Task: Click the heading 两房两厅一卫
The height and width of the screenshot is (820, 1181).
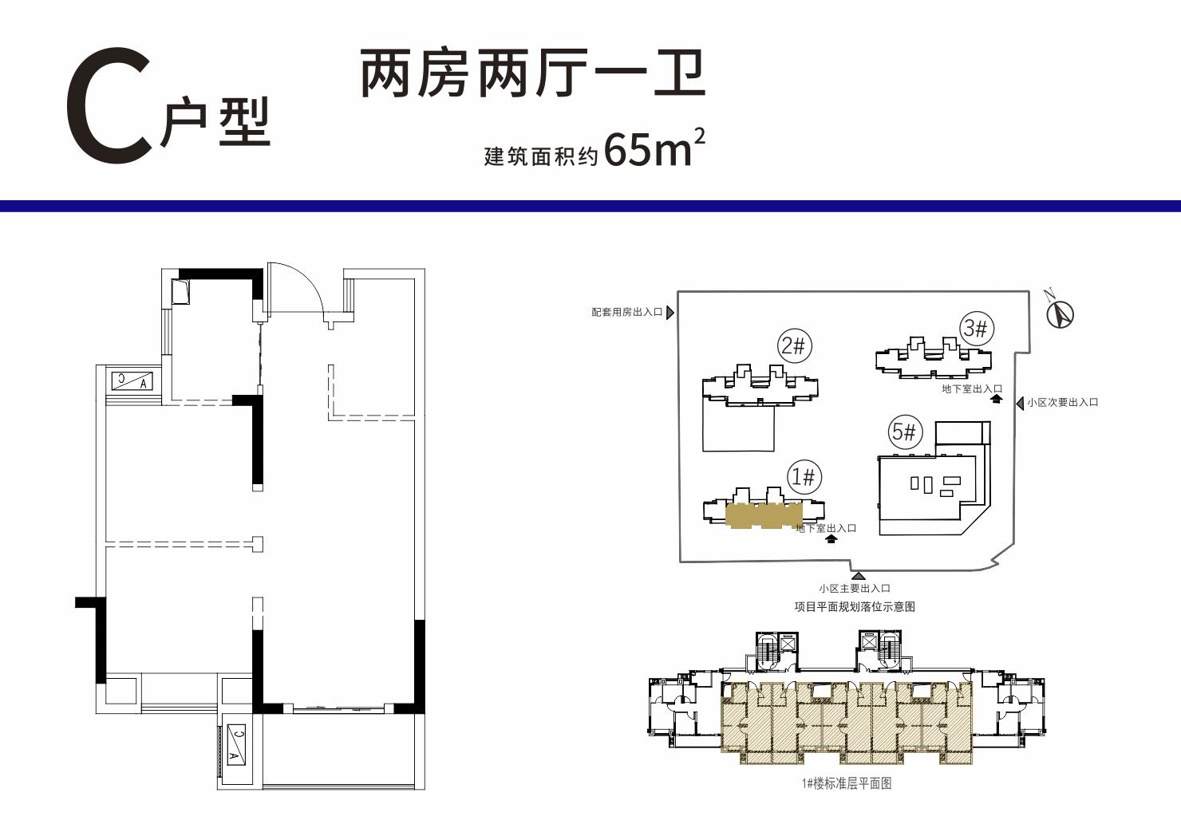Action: click(x=533, y=73)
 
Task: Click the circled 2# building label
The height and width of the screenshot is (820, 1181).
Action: click(x=794, y=345)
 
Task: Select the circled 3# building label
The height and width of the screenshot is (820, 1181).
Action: click(x=977, y=329)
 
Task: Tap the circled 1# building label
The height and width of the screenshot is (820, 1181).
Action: click(x=804, y=477)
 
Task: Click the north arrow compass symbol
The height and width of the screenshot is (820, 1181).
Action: click(x=1059, y=312)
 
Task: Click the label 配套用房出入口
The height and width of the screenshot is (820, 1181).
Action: click(x=626, y=312)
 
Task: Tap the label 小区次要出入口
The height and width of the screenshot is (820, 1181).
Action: click(x=1062, y=402)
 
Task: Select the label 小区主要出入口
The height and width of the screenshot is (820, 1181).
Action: click(x=855, y=588)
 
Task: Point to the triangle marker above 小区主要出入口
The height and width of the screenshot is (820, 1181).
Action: click(x=859, y=576)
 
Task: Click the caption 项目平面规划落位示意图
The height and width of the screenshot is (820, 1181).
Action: click(x=855, y=606)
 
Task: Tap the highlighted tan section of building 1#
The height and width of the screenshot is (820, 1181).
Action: click(x=764, y=515)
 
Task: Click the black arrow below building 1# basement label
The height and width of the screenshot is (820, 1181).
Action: click(x=831, y=538)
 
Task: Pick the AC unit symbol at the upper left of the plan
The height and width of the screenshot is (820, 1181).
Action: click(x=132, y=381)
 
